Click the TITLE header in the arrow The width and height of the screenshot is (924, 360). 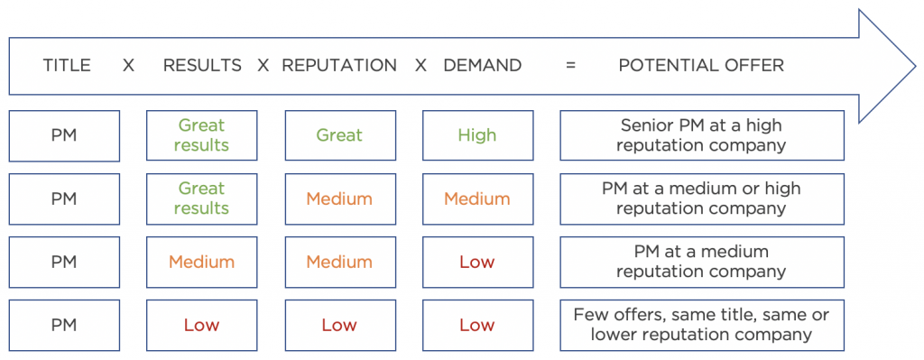[x=67, y=65]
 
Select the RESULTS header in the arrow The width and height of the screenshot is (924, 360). [x=202, y=65]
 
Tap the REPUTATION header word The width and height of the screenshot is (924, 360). [x=339, y=65]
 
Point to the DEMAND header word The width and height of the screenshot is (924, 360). [x=482, y=65]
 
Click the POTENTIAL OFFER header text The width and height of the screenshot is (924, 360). [x=701, y=65]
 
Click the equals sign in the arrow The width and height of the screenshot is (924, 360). [x=570, y=65]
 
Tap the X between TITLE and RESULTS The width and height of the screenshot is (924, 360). [x=128, y=65]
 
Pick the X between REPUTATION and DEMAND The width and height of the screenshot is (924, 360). [x=420, y=65]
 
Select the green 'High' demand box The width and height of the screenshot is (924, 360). [x=477, y=135]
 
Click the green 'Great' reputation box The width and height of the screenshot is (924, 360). [x=339, y=135]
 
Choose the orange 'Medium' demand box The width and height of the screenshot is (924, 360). [x=477, y=198]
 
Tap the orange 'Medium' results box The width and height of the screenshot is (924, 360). [x=201, y=262]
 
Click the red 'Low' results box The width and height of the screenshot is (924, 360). [x=201, y=325]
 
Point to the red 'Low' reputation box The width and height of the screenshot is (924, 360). [x=339, y=325]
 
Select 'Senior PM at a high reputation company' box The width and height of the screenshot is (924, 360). [x=701, y=135]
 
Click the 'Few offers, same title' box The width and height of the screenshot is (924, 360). [x=701, y=325]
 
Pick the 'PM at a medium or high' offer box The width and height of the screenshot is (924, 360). [x=701, y=198]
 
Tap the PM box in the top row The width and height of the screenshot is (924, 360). [x=64, y=135]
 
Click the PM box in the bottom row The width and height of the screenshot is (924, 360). [x=64, y=325]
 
